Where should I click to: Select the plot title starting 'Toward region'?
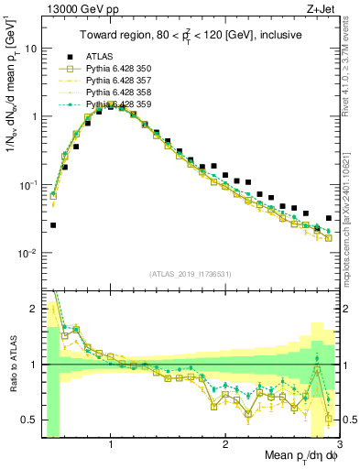[191, 35]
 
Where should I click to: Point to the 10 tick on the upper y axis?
[31, 49]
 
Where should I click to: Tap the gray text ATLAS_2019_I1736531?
[191, 274]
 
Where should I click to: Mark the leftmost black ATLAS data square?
[53, 224]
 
